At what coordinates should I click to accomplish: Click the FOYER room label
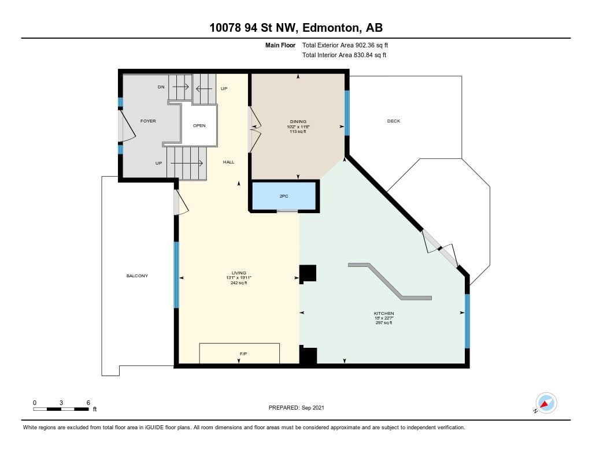tap(148, 121)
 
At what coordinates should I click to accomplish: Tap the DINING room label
tap(298, 121)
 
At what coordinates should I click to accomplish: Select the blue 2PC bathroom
tap(283, 196)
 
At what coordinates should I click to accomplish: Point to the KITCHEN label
tap(384, 313)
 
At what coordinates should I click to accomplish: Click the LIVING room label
tap(239, 273)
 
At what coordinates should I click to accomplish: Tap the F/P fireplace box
tap(239, 353)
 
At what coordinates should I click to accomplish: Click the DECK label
tap(393, 121)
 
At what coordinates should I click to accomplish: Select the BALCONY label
tap(137, 276)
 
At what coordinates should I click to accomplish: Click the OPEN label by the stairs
tap(199, 126)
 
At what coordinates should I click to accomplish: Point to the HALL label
tap(228, 162)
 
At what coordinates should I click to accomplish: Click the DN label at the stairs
tap(161, 87)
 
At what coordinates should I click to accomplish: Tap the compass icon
tap(546, 403)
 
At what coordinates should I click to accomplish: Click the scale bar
tap(61, 408)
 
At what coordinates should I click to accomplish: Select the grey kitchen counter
tap(390, 281)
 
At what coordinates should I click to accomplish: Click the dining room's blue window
tap(347, 113)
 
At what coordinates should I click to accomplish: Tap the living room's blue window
tap(176, 275)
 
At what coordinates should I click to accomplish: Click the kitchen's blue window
tap(467, 321)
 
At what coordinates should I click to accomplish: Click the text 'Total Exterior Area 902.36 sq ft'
tap(345, 45)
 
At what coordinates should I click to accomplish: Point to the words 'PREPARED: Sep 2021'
tap(297, 407)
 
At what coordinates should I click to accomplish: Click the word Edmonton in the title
tap(330, 28)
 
